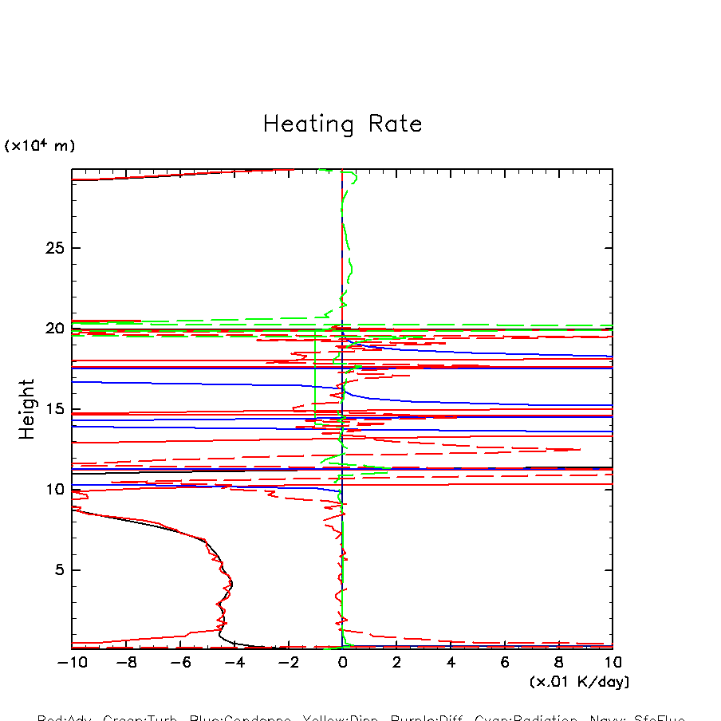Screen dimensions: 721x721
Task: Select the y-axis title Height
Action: [x=28, y=409]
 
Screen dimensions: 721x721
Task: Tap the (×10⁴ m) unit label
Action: [x=40, y=146]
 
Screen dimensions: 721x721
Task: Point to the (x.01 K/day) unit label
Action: [x=579, y=682]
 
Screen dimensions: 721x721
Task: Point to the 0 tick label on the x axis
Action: [x=342, y=663]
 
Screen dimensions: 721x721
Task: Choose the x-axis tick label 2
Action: [x=396, y=663]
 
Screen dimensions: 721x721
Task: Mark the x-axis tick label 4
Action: [x=451, y=663]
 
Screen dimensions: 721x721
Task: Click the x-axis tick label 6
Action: [x=505, y=663]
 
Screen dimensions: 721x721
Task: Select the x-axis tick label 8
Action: [x=559, y=663]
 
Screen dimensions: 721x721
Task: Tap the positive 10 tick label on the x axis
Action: [x=612, y=663]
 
